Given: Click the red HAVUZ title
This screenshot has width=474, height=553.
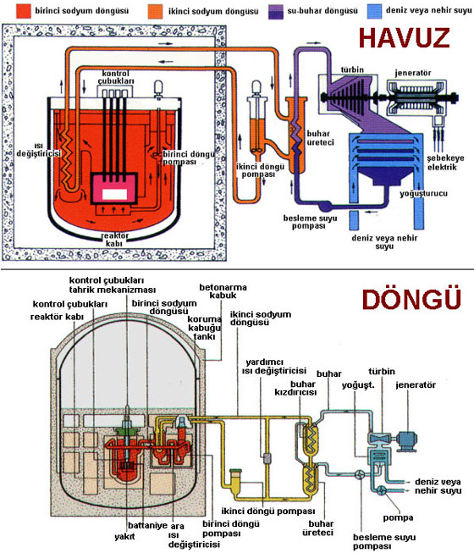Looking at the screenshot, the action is coord(405,38).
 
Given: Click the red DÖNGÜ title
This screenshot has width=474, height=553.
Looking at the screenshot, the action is coord(411,300).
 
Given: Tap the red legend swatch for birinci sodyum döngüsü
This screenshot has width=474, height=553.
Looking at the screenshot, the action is coord(23,11).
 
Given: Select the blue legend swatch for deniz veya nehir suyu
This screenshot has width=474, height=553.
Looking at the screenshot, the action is coord(374,11).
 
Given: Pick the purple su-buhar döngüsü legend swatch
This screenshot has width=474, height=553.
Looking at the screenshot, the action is coord(275,11).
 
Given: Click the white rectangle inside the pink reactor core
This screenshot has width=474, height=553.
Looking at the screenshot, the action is coord(114,194).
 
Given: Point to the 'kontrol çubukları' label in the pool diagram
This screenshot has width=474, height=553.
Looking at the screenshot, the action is coord(116,77).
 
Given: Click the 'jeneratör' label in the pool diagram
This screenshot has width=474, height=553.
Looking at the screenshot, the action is coord(413,73).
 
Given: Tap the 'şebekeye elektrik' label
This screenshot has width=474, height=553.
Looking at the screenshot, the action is coord(445,163).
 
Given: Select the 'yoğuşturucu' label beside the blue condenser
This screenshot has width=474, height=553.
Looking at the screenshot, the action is coord(423,194).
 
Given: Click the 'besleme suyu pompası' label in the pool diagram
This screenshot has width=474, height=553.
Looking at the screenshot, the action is coord(310,222).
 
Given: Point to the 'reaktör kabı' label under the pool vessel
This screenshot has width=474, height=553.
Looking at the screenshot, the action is coord(114,240).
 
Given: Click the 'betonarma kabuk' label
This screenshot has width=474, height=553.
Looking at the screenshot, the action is coord(223,291).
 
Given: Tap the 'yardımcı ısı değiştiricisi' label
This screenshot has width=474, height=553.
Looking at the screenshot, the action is coord(273,367).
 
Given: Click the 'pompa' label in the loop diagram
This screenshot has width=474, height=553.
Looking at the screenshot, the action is coord(398,517).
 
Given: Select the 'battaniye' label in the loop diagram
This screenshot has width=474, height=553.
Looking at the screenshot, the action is coord(147,526).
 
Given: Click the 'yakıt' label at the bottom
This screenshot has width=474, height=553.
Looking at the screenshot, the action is coord(124,537).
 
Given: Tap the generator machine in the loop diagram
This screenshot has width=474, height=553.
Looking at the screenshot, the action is coord(407,440).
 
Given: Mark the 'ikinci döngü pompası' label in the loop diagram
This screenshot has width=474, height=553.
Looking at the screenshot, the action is coord(267,511).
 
